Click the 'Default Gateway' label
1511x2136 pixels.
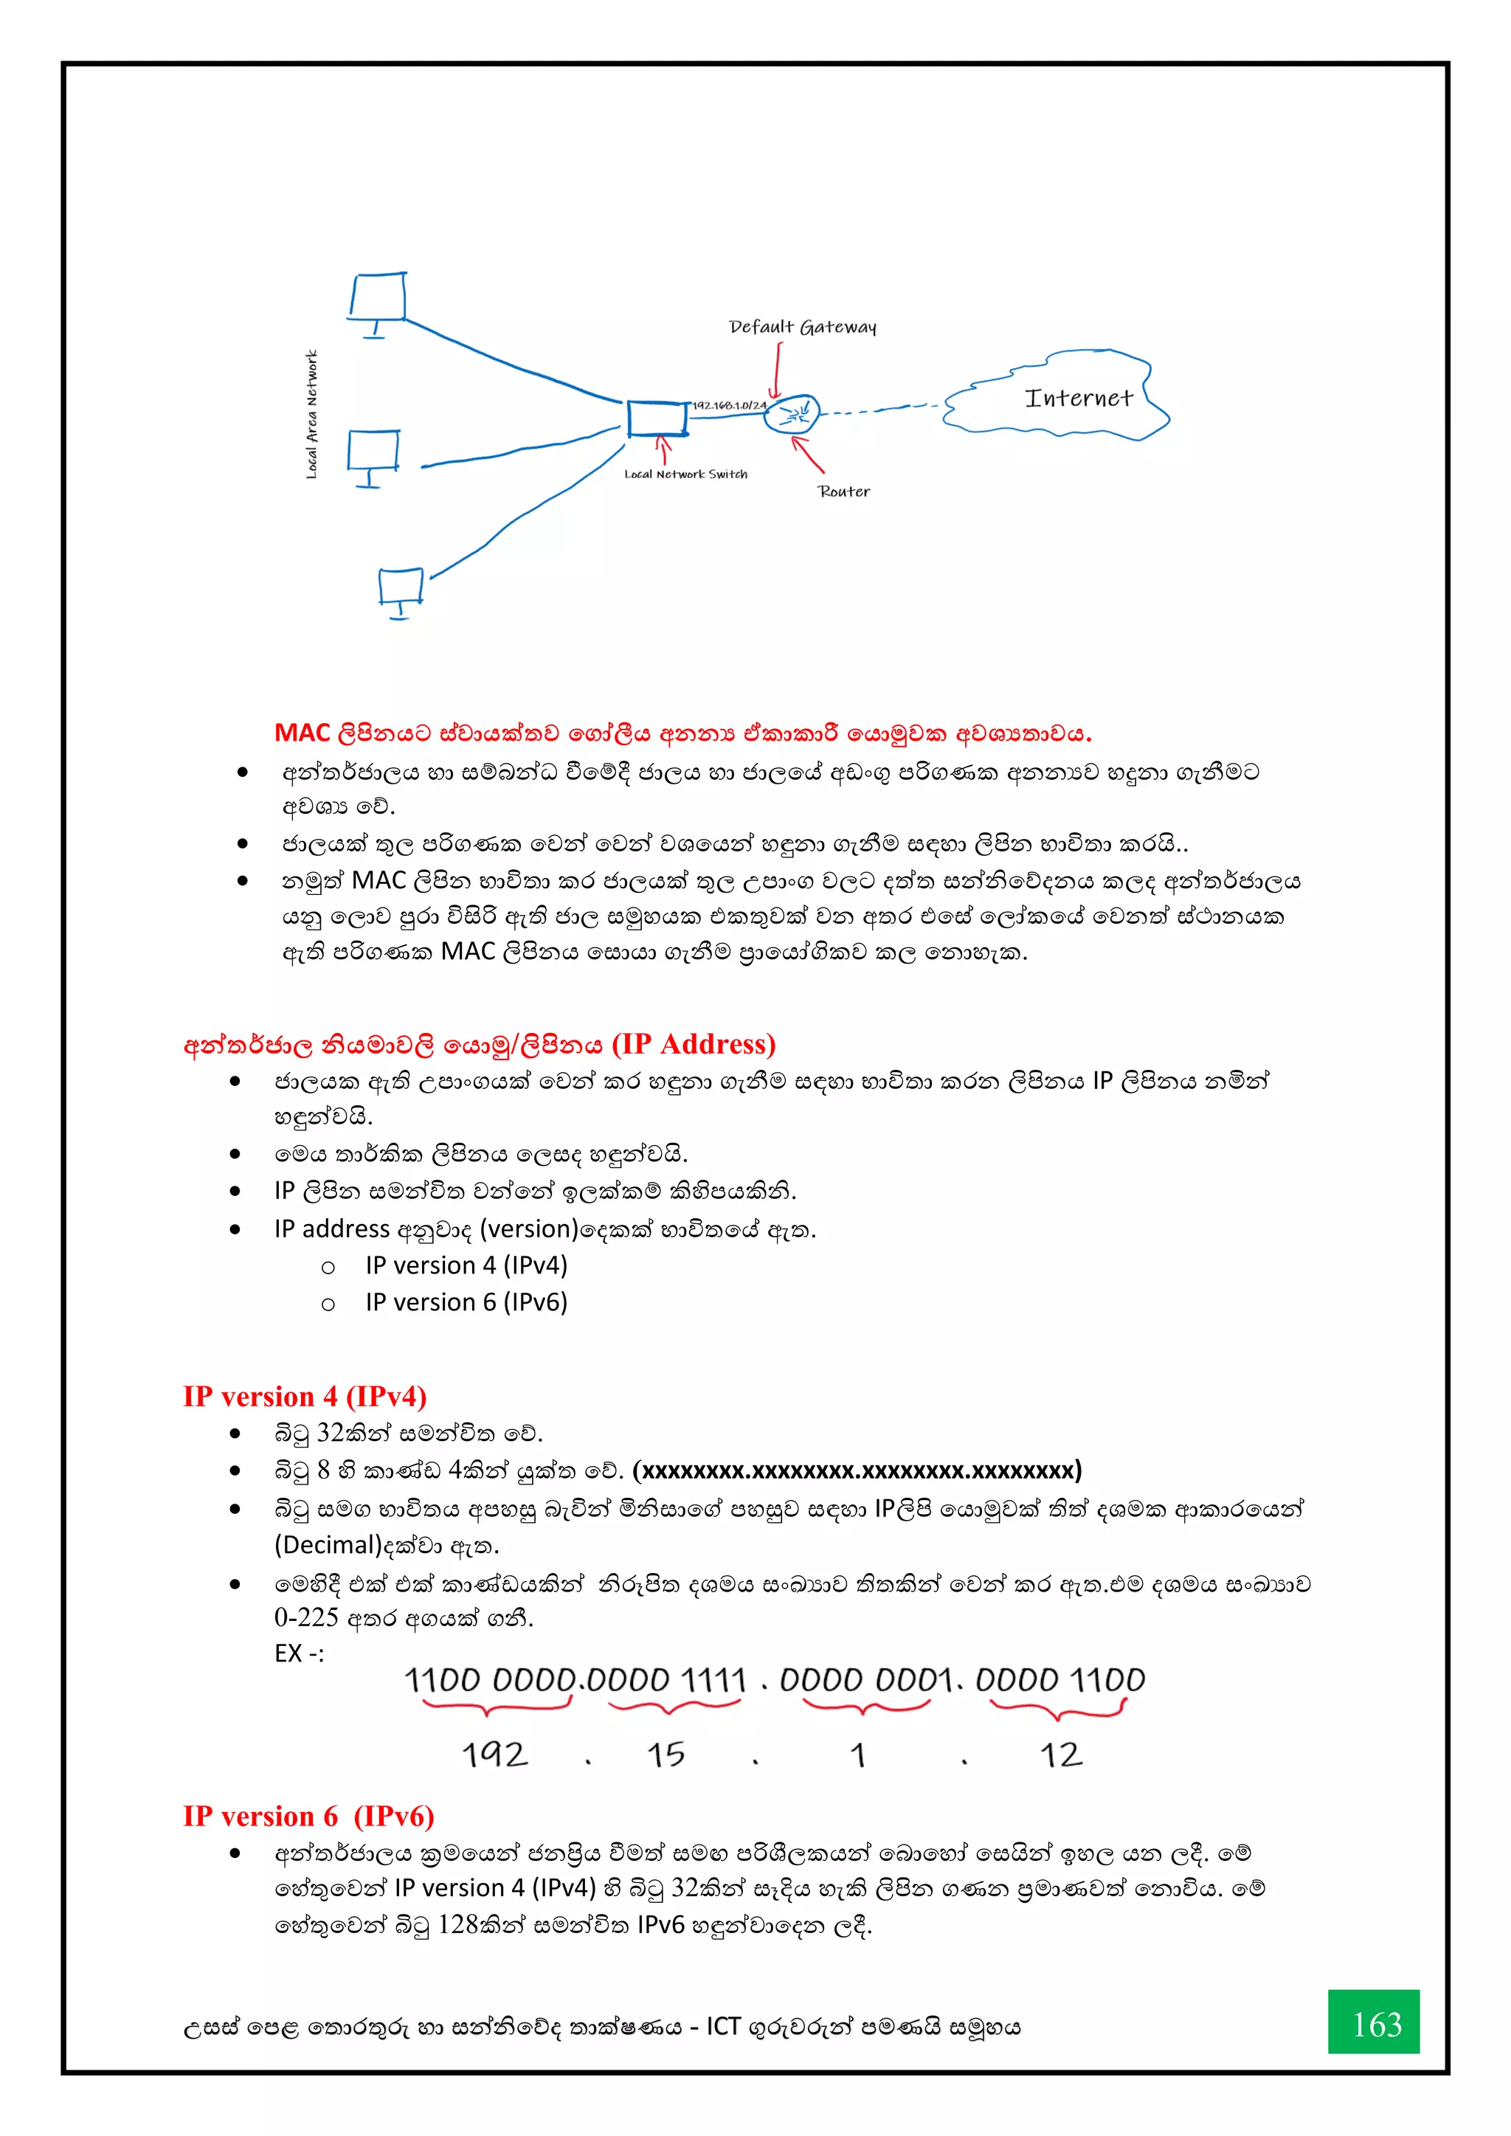(x=802, y=327)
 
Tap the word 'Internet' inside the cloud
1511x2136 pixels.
(x=1079, y=398)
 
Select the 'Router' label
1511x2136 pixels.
(x=844, y=491)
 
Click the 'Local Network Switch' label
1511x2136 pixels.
(x=685, y=474)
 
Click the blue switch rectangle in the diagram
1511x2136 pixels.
(x=657, y=418)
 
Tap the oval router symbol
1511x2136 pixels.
(x=792, y=413)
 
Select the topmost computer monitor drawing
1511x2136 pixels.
(x=378, y=297)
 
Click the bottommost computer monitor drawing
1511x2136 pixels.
(x=401, y=588)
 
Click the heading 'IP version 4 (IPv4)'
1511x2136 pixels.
(x=304, y=1397)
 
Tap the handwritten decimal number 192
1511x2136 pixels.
(x=495, y=1755)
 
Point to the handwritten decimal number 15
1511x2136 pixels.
(x=666, y=1755)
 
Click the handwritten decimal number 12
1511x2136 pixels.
(x=1061, y=1755)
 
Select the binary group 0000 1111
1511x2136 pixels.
(x=667, y=1680)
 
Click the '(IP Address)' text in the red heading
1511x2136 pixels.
(x=694, y=1044)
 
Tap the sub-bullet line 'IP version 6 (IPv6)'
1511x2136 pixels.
(x=466, y=1302)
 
